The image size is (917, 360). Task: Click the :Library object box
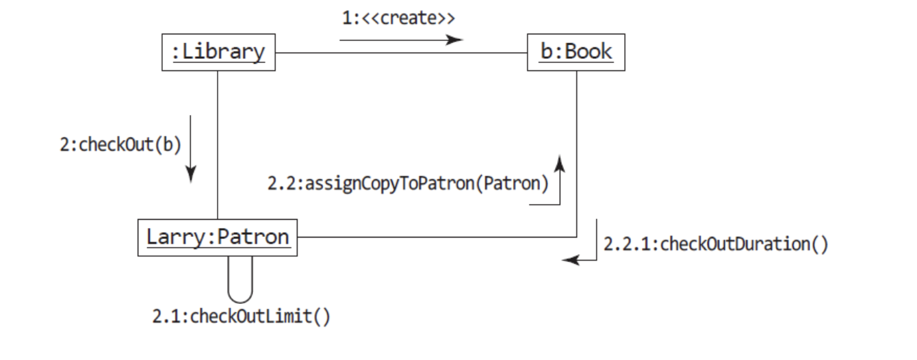pos(218,53)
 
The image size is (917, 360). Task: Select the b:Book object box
pos(576,53)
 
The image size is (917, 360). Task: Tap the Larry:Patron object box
pos(218,237)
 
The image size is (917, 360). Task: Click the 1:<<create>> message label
pos(398,18)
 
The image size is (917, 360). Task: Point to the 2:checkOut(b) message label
pos(120,144)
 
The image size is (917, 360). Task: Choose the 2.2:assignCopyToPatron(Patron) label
pos(408,183)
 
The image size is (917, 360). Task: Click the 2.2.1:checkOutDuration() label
pos(716,244)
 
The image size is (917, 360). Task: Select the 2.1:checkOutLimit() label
pos(241,317)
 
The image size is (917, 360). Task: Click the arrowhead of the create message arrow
pos(455,40)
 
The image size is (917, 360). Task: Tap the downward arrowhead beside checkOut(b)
pos(191,174)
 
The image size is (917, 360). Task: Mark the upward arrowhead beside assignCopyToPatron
pos(560,163)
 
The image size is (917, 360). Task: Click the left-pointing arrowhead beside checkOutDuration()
pos(571,259)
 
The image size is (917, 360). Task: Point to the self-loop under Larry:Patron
pos(240,303)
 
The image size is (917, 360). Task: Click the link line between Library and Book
pos(401,53)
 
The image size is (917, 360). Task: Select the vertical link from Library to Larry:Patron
pos(218,145)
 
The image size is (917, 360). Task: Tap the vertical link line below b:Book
pos(577,154)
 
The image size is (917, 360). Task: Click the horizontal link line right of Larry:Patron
pos(437,237)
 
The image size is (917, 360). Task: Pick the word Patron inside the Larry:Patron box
pos(253,237)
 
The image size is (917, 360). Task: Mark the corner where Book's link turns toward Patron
pos(577,237)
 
